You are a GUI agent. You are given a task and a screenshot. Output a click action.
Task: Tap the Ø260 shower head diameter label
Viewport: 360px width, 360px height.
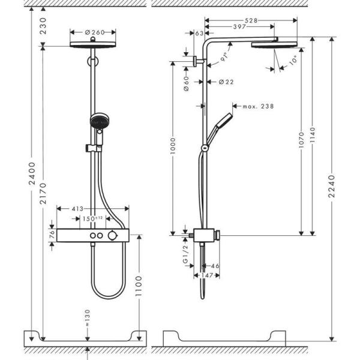[92, 32]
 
